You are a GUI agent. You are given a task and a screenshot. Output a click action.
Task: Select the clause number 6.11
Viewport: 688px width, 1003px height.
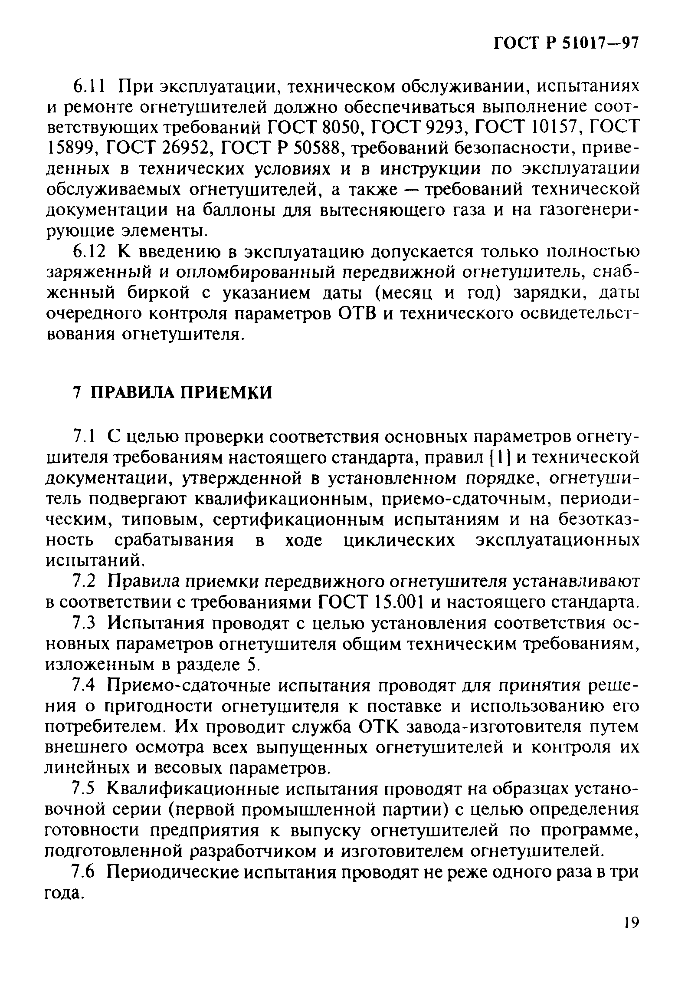point(88,86)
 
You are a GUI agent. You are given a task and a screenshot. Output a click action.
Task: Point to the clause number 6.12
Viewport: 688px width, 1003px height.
point(88,252)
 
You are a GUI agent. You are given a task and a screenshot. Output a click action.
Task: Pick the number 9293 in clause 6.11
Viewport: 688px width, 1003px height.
point(447,128)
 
